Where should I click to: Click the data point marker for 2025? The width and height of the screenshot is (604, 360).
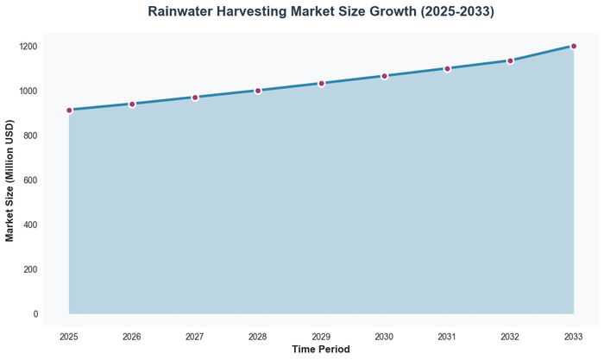pos(69,111)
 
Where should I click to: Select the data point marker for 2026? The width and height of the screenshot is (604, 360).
pos(132,104)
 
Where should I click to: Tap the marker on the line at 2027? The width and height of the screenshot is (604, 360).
pos(195,98)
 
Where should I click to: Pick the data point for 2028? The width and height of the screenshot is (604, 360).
pos(258,91)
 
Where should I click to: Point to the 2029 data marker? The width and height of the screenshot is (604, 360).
pos(321,84)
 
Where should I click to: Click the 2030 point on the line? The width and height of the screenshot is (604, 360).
pos(384,76)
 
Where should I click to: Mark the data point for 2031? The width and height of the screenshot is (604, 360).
pos(447,68)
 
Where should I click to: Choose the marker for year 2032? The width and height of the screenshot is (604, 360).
pos(510,60)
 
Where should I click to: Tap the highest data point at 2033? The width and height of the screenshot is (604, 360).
pos(574,47)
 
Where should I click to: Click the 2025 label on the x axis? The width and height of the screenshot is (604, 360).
pos(69,336)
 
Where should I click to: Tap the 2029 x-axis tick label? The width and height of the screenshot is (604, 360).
pos(321,336)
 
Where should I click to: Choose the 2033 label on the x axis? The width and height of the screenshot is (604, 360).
pos(574,336)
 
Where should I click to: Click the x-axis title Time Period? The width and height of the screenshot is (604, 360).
pos(321,350)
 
